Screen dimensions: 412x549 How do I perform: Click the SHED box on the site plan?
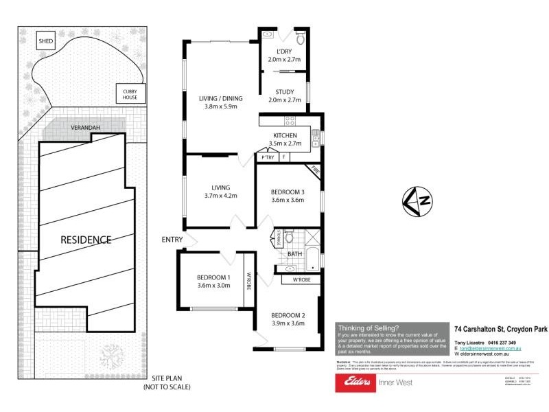tap(46, 40)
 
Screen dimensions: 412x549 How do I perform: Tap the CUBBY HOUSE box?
tap(130, 94)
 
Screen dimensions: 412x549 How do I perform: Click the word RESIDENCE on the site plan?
tap(86, 240)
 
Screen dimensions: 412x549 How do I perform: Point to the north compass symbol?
tap(418, 201)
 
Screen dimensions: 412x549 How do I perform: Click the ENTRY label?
tap(172, 240)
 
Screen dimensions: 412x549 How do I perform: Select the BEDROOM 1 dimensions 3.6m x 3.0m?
tap(214, 285)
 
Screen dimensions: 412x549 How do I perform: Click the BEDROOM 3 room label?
tap(288, 192)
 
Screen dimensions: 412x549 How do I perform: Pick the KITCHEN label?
tap(284, 136)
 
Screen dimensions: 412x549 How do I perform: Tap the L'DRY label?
tap(283, 52)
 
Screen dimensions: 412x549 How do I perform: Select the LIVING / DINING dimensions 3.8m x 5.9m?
tap(220, 106)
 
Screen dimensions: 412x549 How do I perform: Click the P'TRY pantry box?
tap(267, 157)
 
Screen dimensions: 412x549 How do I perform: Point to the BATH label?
tap(295, 254)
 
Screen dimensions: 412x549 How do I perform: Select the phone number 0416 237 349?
tap(502, 343)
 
